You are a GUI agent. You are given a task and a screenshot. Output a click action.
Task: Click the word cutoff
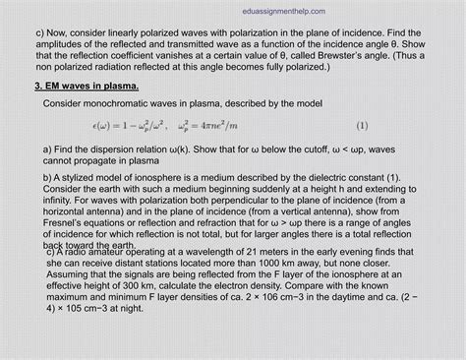point(327,148)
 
